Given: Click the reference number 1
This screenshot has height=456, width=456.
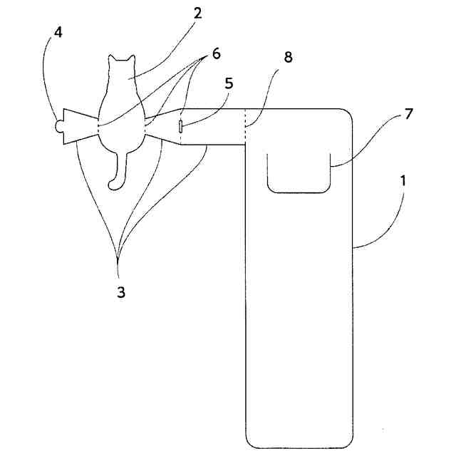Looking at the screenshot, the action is click(404, 181).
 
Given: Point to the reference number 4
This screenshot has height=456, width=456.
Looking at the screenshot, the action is click(58, 33).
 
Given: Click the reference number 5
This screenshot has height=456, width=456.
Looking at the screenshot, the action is click(228, 83).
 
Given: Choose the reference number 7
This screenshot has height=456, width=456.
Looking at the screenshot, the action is click(408, 113).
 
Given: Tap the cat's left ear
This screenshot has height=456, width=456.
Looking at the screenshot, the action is click(112, 60).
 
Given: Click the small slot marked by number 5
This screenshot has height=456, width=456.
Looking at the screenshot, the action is click(181, 127).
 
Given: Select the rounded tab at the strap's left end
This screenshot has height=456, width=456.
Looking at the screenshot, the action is click(58, 127).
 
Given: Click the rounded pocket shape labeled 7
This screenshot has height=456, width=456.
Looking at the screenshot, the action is click(299, 172).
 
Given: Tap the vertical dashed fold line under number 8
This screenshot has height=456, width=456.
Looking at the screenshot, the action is click(245, 125).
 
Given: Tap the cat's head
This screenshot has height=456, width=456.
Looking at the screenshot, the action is click(121, 71).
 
